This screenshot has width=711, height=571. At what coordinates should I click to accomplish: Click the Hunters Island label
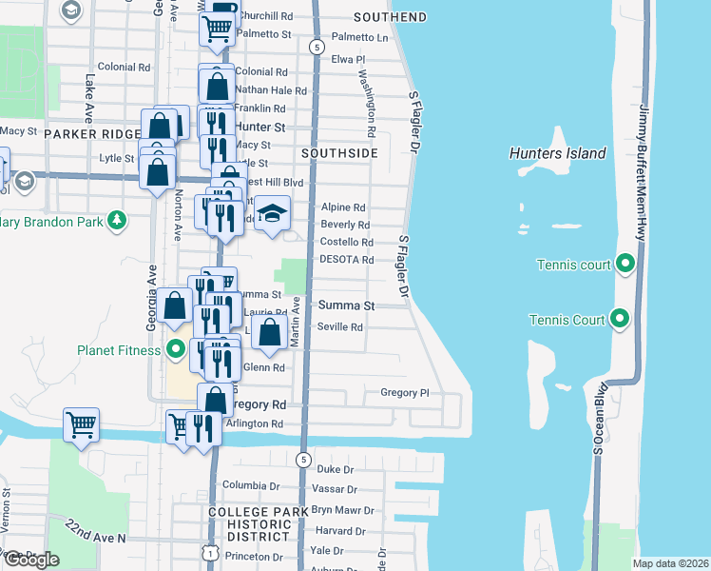(557, 153)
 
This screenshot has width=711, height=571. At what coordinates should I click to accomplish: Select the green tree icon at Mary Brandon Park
(117, 221)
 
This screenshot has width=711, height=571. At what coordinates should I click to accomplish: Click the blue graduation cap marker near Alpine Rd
(273, 213)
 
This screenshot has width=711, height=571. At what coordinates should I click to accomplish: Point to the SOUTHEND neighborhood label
(390, 17)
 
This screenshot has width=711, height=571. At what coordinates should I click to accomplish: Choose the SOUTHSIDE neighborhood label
(339, 152)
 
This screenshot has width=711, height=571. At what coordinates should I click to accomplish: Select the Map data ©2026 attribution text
(670, 563)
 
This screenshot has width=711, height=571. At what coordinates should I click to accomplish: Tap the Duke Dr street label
(335, 469)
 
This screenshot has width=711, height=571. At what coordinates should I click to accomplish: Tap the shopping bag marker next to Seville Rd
(270, 332)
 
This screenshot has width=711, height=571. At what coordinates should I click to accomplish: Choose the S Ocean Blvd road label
(599, 419)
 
